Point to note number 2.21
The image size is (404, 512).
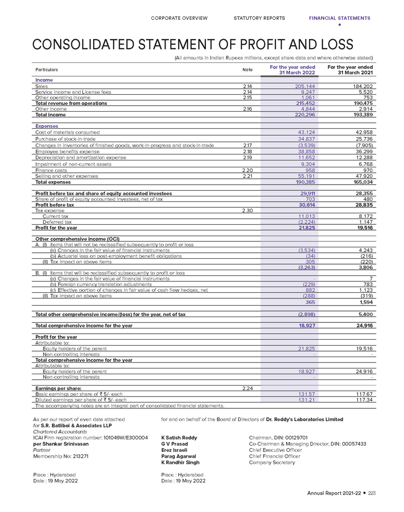point(248,176)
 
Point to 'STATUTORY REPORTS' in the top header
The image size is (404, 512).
point(259,18)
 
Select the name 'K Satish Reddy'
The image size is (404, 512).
point(179,437)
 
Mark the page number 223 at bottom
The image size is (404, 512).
point(372,493)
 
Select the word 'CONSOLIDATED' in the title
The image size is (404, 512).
point(85,45)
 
